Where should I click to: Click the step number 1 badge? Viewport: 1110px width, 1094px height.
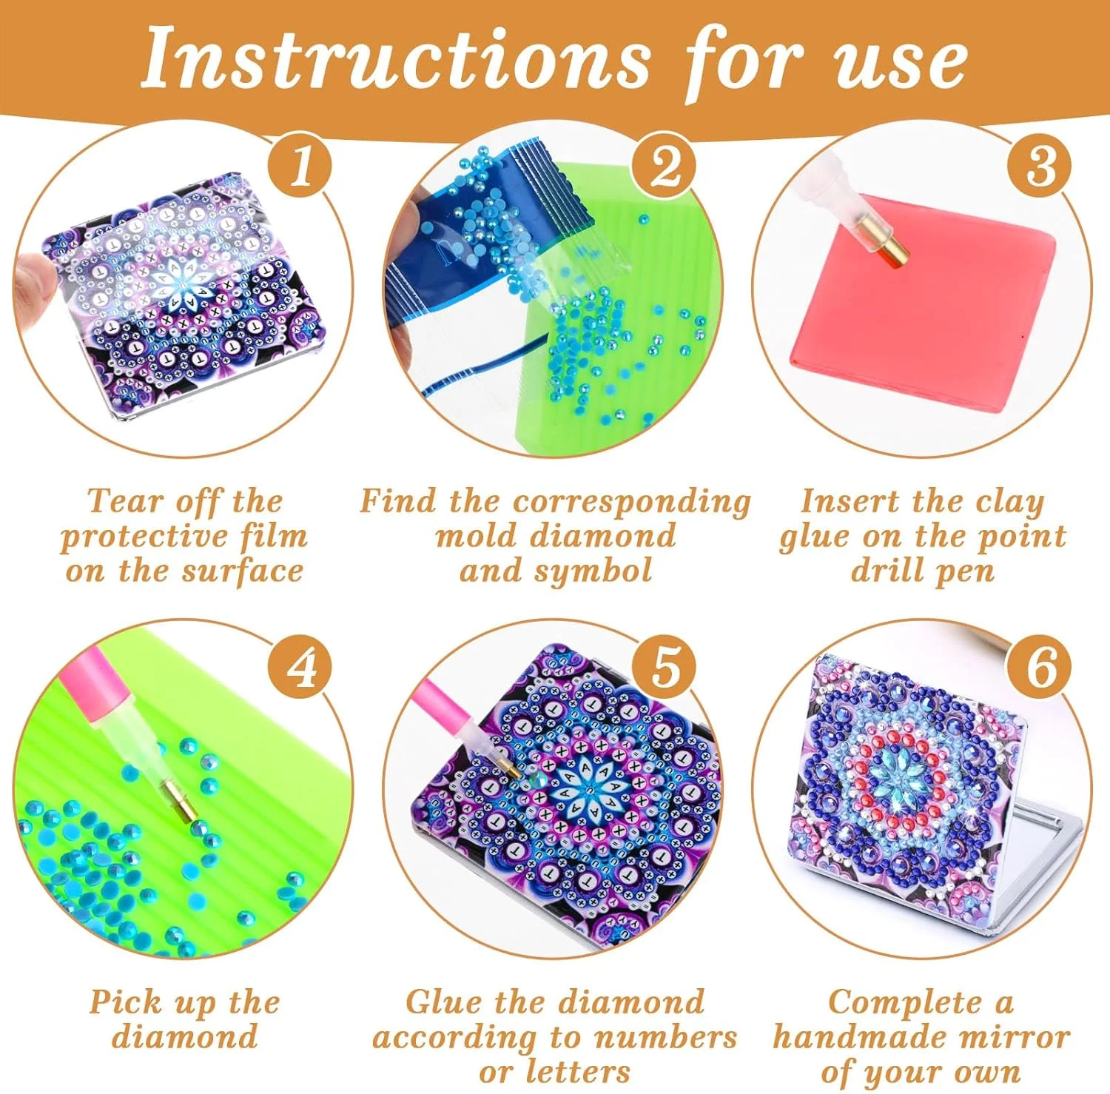click(x=300, y=166)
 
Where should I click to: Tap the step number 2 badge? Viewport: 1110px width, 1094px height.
click(x=665, y=166)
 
